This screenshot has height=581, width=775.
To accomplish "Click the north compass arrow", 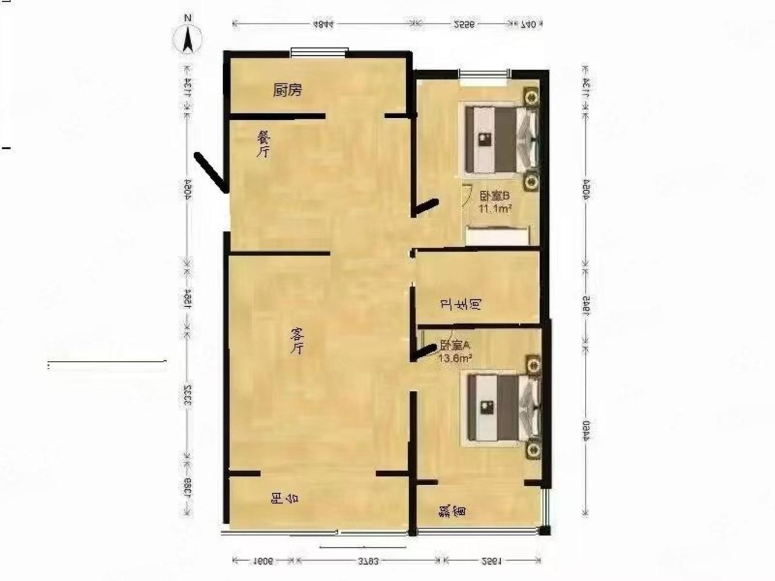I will click(188, 40).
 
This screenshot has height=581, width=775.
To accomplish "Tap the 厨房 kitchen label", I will click(287, 90).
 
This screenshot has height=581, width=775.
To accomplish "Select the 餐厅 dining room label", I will click(264, 144).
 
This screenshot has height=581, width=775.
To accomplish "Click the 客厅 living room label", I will click(297, 340).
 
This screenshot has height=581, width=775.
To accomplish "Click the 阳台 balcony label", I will click(285, 498).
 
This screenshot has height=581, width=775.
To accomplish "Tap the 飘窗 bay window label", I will click(453, 511).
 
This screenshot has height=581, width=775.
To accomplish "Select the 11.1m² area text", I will click(495, 208).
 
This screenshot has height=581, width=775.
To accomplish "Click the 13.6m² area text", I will click(455, 358).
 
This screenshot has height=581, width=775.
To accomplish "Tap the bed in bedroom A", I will click(501, 408).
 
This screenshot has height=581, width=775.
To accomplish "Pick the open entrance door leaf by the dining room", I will click(210, 171).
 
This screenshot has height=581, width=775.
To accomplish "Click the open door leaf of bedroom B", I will click(425, 206).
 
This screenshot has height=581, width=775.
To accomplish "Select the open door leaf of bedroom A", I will click(424, 350).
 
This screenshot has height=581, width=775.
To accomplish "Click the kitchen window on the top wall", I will click(319, 53).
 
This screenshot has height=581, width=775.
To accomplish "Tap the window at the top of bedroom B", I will click(484, 73).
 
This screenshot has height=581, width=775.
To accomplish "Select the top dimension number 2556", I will click(464, 24).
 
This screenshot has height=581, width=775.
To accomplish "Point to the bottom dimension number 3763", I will click(367, 561).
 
